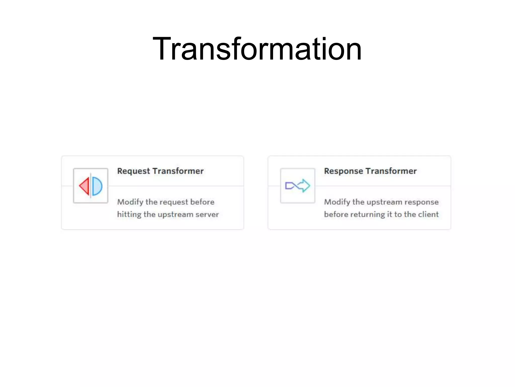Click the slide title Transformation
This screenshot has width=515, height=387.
(x=257, y=49)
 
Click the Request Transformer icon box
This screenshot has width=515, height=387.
(x=91, y=186)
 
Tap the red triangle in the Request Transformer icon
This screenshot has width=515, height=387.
(x=85, y=186)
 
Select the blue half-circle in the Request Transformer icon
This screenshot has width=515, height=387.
(x=97, y=186)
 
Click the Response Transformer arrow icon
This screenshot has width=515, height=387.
(x=297, y=186)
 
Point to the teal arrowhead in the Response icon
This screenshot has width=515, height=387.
(x=305, y=186)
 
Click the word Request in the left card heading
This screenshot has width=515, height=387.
(x=134, y=171)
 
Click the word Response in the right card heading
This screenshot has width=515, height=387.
(x=343, y=171)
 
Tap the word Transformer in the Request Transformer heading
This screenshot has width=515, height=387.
(x=178, y=171)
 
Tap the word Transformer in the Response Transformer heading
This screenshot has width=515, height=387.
(x=391, y=171)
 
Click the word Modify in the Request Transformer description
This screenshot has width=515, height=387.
(x=130, y=202)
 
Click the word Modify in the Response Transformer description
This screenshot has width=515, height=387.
(x=337, y=202)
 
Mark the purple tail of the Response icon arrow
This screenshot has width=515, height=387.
(x=289, y=186)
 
